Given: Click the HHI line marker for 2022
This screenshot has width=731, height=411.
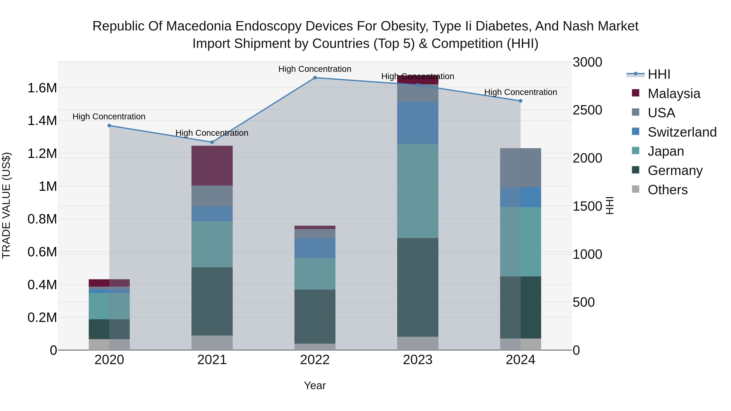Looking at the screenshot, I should [315, 78].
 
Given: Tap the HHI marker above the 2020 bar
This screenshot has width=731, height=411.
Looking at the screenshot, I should [109, 125].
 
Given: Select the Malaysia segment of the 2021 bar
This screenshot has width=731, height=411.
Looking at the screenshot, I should [212, 165].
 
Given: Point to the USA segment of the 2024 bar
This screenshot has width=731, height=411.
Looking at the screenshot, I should [520, 167].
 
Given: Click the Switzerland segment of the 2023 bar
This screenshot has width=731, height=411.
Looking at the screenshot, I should [417, 123].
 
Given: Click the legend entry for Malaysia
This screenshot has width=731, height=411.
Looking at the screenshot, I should [674, 93].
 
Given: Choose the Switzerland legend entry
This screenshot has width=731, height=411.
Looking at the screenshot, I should [682, 132].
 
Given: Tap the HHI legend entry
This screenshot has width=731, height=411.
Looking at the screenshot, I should [659, 74].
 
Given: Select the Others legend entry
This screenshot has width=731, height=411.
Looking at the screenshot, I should [667, 190].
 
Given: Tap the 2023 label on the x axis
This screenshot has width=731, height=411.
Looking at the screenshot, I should [417, 360].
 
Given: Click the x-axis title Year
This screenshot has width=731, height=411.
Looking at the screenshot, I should [315, 385].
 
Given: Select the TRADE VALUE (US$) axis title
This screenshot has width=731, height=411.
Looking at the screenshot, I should [6, 205].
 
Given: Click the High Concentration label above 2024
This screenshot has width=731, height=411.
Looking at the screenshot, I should [520, 92].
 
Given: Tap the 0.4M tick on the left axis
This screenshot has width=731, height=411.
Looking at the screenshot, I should [42, 285].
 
